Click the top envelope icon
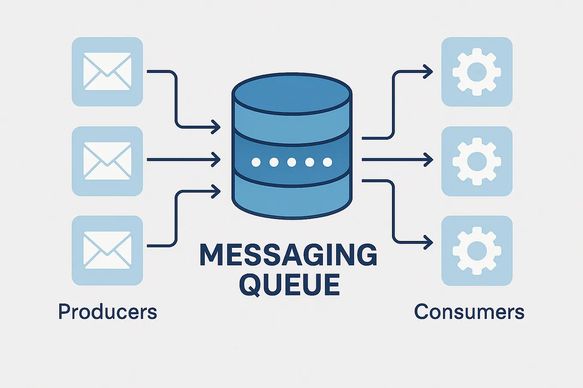pyautogui.click(x=107, y=72)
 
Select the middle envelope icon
pyautogui.click(x=107, y=161)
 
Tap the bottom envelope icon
pyautogui.click(x=107, y=250)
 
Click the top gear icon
pyautogui.click(x=477, y=72)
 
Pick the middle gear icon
pyautogui.click(x=477, y=161)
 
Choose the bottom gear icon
pyautogui.click(x=477, y=250)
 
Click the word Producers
pyautogui.click(x=107, y=312)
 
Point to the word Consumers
pyautogui.click(x=469, y=312)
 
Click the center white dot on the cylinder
pyautogui.click(x=291, y=162)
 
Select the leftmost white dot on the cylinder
pyautogui.click(x=256, y=162)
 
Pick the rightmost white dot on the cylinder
pyautogui.click(x=328, y=162)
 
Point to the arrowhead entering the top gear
pyautogui.click(x=428, y=72)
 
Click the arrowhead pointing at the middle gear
pyautogui.click(x=428, y=160)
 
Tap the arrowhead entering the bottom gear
pyautogui.click(x=428, y=243)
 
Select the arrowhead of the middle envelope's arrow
pyautogui.click(x=216, y=159)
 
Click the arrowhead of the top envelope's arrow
pyautogui.click(x=216, y=127)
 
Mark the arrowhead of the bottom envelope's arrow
pyautogui.click(x=216, y=191)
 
